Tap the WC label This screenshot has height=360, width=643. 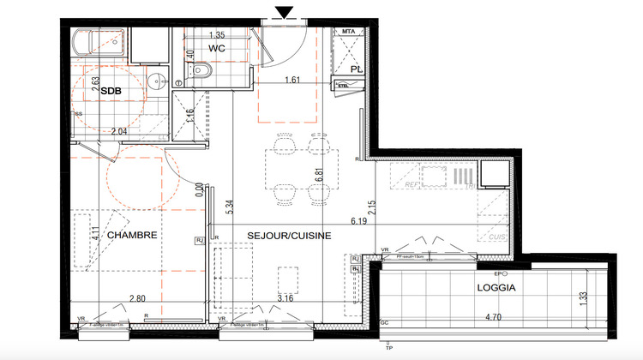tap(218, 48)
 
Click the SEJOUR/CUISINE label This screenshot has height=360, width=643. tap(283, 235)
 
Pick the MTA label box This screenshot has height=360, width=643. tap(348, 32)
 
